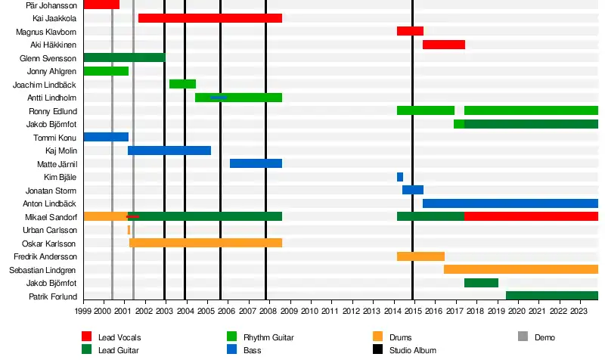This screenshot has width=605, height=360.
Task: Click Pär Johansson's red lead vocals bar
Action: tap(101, 5)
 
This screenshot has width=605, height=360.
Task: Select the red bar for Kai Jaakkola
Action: tap(209, 18)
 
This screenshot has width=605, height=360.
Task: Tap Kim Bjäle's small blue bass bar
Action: tap(400, 177)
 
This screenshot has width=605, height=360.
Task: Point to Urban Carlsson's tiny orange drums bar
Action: tap(129, 230)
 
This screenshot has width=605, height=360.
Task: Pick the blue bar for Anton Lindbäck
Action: tap(510, 203)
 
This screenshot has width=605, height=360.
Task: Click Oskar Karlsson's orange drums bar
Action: tap(206, 243)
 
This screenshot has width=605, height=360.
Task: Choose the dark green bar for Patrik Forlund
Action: tap(551, 296)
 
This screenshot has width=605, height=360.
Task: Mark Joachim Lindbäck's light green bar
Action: tap(182, 84)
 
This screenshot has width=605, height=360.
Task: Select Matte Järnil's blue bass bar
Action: tap(256, 163)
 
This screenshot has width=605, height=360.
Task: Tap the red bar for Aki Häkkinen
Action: tap(443, 45)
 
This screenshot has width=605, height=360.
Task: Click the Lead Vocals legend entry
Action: tap(111, 337)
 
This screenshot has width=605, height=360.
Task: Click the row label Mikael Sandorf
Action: tap(51, 217)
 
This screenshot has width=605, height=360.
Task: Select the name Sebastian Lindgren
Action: tap(42, 270)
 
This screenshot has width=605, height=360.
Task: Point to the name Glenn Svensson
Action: tap(48, 58)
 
